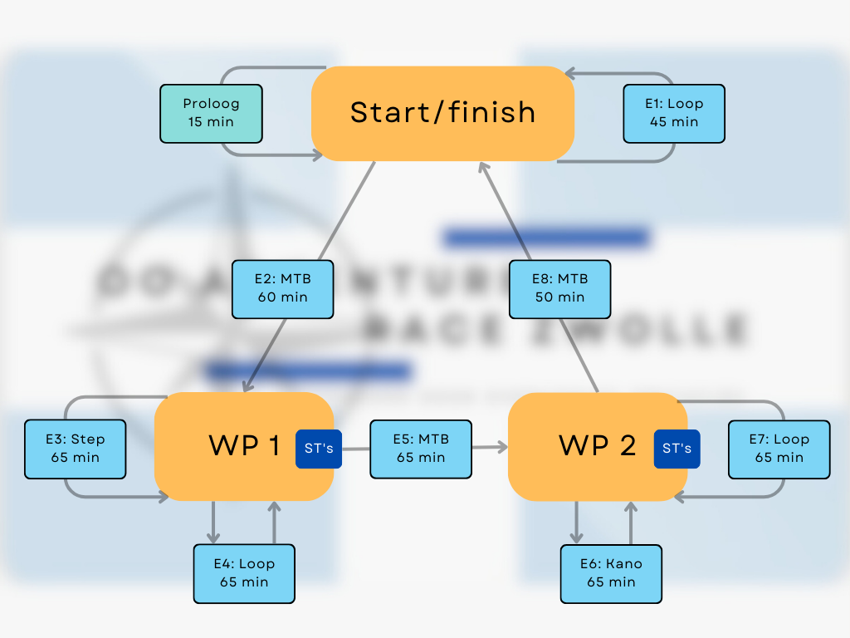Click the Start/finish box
tap(442, 113)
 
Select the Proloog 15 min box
tap(211, 113)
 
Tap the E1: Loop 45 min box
tap(674, 113)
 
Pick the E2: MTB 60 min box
tap(283, 289)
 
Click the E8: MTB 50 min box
tap(559, 289)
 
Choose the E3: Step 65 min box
tap(75, 449)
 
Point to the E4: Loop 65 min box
tap(244, 573)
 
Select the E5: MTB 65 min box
tap(421, 449)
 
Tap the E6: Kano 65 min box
tap(611, 573)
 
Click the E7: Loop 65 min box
tap(779, 449)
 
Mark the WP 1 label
tap(244, 446)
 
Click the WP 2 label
tap(598, 446)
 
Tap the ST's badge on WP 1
tap(319, 449)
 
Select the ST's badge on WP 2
tap(677, 449)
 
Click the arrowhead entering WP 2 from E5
tap(501, 447)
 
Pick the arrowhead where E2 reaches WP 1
tap(247, 386)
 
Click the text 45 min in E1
tap(674, 122)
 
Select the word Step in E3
tap(88, 439)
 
